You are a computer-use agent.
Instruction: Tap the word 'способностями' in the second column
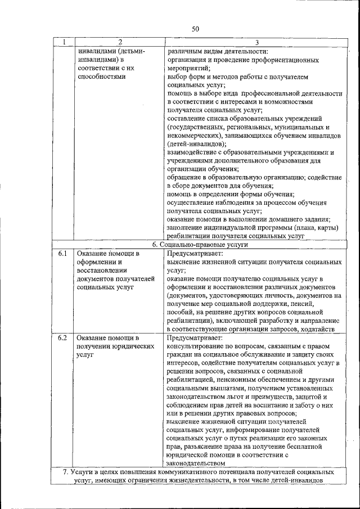[101, 76]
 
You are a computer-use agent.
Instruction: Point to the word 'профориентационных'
[279, 60]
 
